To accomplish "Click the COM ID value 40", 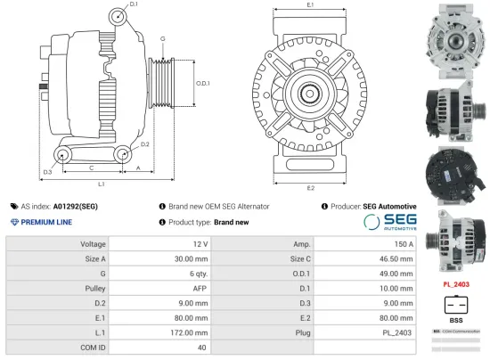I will pos(202,347).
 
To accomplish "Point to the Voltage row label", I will pos(93,243).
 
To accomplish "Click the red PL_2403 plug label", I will pos(455,284).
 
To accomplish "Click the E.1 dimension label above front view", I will pos(310,5).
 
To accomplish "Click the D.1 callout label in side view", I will pos(134,5).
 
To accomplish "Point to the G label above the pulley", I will pos(162,39).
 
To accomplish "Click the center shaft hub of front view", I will pos(310,93).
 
